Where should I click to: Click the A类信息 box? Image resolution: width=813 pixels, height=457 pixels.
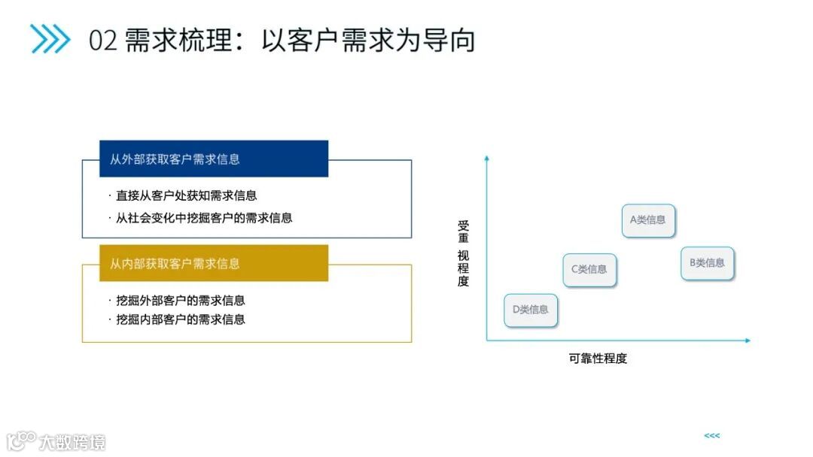coord(648,220)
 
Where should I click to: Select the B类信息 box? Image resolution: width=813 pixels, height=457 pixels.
coord(707,263)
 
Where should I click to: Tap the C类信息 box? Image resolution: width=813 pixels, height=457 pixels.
coord(589,269)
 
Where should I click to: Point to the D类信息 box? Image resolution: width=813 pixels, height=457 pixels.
coord(531,310)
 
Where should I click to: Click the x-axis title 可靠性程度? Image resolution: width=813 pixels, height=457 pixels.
coord(598,359)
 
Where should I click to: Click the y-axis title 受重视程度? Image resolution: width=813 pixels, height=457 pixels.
coord(463,253)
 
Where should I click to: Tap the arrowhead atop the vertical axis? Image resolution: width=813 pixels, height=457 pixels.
coord(487,158)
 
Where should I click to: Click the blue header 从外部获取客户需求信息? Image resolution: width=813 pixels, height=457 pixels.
coord(214,159)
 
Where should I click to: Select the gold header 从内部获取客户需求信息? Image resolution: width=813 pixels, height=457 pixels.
coord(214,263)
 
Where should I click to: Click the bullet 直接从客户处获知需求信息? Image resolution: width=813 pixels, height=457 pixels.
coord(186,195)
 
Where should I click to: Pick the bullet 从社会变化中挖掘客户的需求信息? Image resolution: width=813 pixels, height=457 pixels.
coord(203,218)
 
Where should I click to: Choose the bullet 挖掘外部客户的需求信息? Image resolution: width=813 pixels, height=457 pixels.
coord(180,300)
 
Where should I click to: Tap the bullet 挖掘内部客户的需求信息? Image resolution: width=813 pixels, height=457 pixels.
coord(180,319)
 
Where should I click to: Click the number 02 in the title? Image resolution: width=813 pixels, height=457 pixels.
coord(103,40)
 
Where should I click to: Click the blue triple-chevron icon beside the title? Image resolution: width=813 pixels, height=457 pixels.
coord(50,39)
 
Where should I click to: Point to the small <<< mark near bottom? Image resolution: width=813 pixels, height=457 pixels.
coord(711,436)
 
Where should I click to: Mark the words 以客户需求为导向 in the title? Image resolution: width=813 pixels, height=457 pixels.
coord(369,40)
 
